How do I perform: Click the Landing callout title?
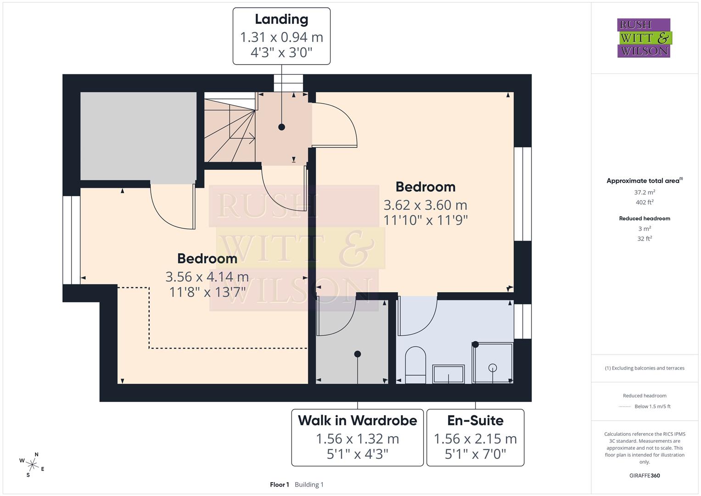click(281, 19)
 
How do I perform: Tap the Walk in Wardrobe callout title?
click(357, 420)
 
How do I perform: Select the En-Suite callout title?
click(475, 420)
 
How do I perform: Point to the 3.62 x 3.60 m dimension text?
click(425, 205)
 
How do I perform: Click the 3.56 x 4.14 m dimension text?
click(207, 276)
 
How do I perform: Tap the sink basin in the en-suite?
click(449, 374)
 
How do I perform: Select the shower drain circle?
click(493, 367)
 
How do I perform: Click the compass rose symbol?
click(32, 464)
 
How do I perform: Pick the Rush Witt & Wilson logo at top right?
click(644, 38)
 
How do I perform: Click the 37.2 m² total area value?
click(645, 192)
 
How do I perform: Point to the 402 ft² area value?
click(645, 202)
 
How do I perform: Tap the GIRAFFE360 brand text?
click(645, 475)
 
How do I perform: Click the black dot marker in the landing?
click(281, 127)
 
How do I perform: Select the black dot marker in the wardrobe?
click(358, 354)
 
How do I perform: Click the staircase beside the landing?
click(230, 128)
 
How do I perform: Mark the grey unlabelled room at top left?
click(138, 136)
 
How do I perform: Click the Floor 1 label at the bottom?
click(279, 485)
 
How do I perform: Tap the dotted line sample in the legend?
click(625, 406)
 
